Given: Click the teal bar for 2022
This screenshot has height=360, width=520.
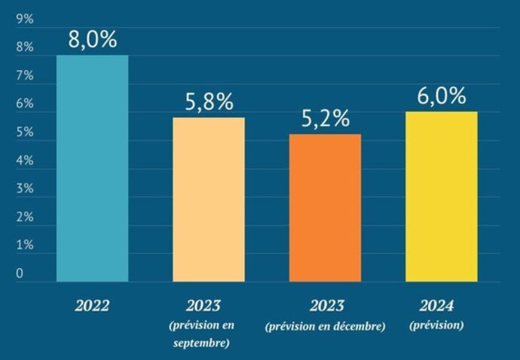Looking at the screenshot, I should [92, 169].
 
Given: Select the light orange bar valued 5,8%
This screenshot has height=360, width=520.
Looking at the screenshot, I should [209, 200].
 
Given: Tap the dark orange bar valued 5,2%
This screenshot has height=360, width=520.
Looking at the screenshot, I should [325, 208].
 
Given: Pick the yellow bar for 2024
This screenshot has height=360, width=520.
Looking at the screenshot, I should [441, 197].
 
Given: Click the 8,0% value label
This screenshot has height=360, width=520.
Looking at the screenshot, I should [93, 40].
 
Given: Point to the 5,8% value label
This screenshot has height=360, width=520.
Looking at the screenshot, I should [209, 102].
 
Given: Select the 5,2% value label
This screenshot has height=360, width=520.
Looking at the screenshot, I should [326, 119].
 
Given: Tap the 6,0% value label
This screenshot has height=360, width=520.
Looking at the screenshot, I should [441, 97].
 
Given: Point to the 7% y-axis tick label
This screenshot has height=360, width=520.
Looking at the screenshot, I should [25, 76].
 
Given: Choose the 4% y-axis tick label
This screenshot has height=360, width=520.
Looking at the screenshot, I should [25, 160].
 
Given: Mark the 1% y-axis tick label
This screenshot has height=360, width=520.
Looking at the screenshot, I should [25, 245].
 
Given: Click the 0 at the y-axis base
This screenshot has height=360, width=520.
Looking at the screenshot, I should [20, 273].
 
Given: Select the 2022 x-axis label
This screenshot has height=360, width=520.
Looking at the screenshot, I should [92, 307].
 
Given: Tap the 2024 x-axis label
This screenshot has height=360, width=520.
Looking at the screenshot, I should [436, 306].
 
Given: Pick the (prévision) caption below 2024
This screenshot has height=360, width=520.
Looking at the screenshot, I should [436, 325].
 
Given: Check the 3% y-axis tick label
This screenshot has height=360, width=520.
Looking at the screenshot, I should [25, 188].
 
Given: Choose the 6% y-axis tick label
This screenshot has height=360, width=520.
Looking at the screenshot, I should [25, 104].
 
